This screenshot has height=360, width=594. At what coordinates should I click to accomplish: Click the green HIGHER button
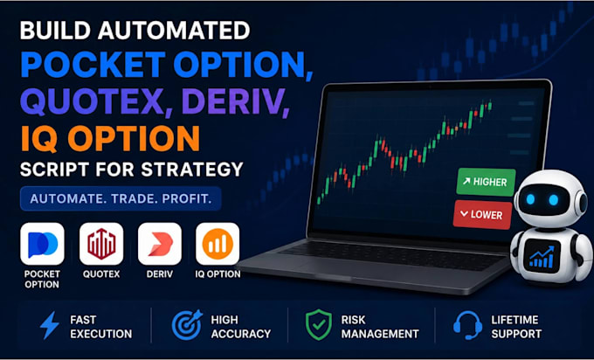(x=486, y=182)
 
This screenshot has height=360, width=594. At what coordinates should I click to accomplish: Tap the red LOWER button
(x=482, y=214)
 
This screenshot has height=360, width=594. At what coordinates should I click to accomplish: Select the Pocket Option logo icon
(x=43, y=244)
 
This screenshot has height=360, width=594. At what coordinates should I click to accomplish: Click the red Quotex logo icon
(x=101, y=244)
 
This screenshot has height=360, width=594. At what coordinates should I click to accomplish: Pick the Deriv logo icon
(x=160, y=244)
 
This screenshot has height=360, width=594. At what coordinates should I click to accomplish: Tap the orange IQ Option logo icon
(x=218, y=244)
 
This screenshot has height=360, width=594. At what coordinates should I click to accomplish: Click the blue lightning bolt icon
(x=50, y=325)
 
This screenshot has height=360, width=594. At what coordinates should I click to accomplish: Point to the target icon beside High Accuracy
(x=187, y=325)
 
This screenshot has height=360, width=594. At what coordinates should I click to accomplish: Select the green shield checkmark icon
(x=319, y=325)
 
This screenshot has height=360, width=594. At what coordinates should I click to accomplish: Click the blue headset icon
(x=468, y=325)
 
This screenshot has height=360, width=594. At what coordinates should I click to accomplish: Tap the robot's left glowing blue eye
(x=531, y=198)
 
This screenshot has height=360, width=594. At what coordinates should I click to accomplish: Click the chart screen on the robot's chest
(x=542, y=256)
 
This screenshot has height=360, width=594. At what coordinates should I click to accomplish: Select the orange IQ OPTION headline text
(x=110, y=138)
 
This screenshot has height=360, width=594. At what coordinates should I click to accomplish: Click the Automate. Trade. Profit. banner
(x=121, y=198)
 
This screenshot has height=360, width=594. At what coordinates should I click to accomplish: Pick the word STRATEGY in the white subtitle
(x=192, y=170)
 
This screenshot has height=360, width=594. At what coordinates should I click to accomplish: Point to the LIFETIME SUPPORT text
(x=516, y=327)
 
